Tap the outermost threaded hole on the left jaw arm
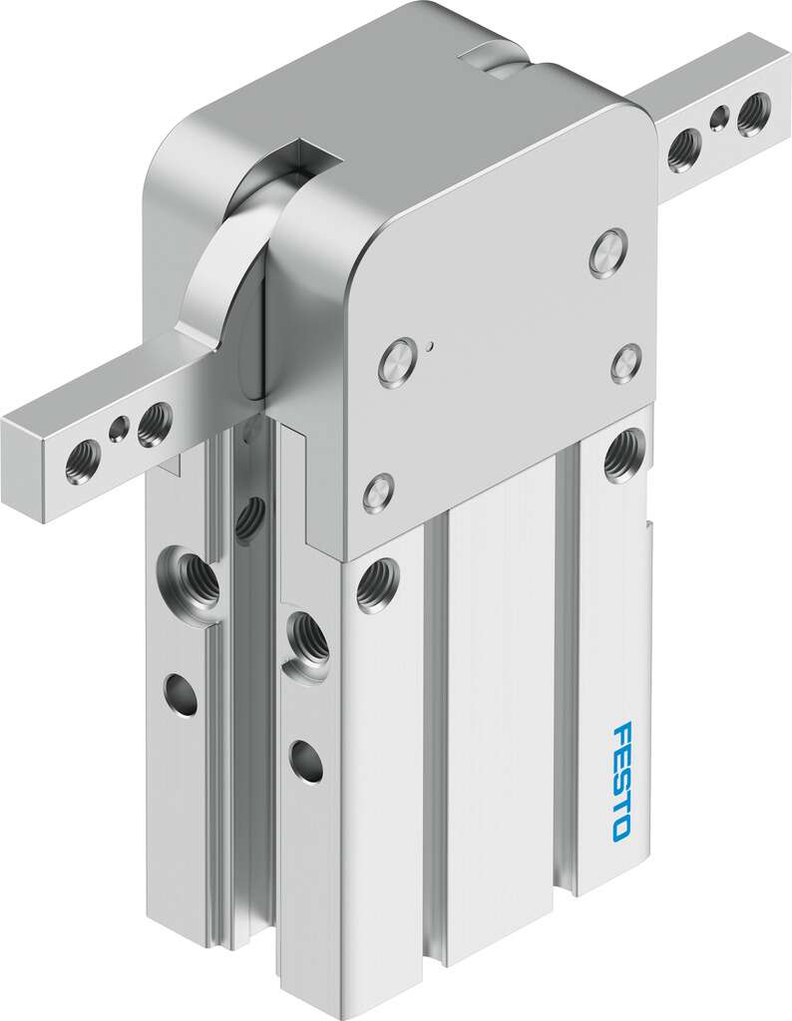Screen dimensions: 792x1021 click(x=83, y=461)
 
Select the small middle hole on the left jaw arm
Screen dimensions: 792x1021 click(x=119, y=429)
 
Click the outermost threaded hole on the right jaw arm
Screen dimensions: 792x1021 click(x=753, y=114)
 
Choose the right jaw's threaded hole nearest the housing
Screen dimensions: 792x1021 click(x=684, y=151)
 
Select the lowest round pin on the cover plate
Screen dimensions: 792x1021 click(x=378, y=494)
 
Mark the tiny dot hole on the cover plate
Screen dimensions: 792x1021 click(x=430, y=345)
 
